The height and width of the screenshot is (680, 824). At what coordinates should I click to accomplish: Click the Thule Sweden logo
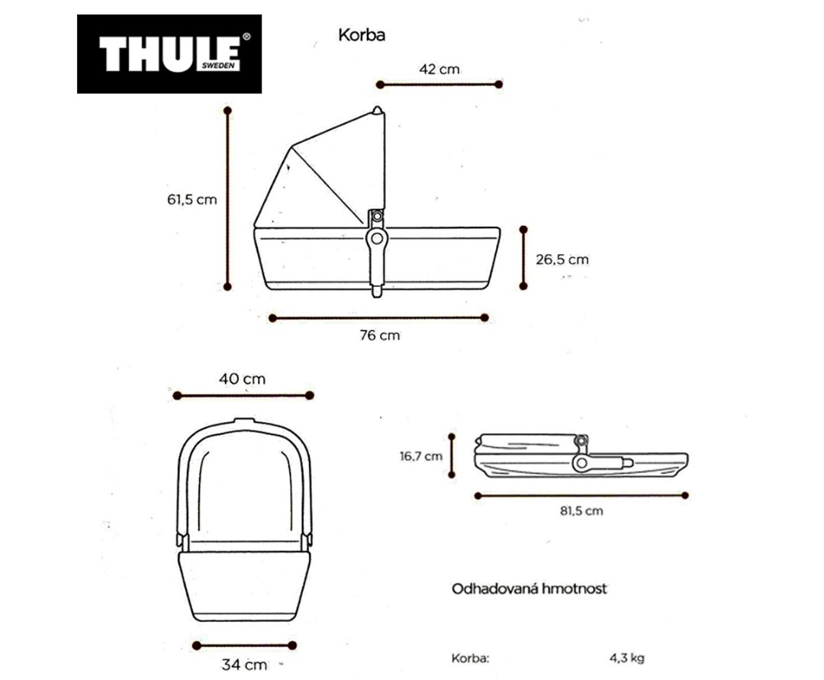coord(169,53)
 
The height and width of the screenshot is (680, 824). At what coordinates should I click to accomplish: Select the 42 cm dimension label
coord(439,69)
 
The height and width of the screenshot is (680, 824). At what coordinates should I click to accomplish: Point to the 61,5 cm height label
coord(192,200)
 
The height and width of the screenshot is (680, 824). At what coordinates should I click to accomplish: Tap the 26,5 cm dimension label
coord(562,259)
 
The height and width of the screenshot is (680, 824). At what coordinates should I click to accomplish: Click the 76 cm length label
coord(379,335)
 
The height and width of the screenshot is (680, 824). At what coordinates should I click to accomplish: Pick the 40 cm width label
coord(243,379)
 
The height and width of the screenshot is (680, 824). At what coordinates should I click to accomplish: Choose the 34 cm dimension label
coord(244,664)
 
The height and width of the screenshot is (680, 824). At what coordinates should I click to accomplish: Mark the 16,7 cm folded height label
coord(420,456)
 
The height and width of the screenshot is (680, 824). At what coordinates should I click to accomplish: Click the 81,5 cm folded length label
coord(581,511)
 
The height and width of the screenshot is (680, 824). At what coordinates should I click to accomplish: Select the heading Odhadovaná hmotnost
coord(529,589)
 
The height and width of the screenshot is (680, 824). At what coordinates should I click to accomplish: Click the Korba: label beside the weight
coord(470,657)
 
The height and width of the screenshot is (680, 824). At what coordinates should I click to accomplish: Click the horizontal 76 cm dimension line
coord(379,317)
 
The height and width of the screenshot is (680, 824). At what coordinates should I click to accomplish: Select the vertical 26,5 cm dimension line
coord(523,258)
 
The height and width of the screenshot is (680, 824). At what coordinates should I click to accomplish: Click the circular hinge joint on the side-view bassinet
coord(375,240)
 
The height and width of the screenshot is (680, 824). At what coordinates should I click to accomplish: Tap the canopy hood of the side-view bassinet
coord(328,172)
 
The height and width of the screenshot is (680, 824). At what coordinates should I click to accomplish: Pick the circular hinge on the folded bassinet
coord(581,462)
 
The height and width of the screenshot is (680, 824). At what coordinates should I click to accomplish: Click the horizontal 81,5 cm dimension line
coord(581,495)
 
